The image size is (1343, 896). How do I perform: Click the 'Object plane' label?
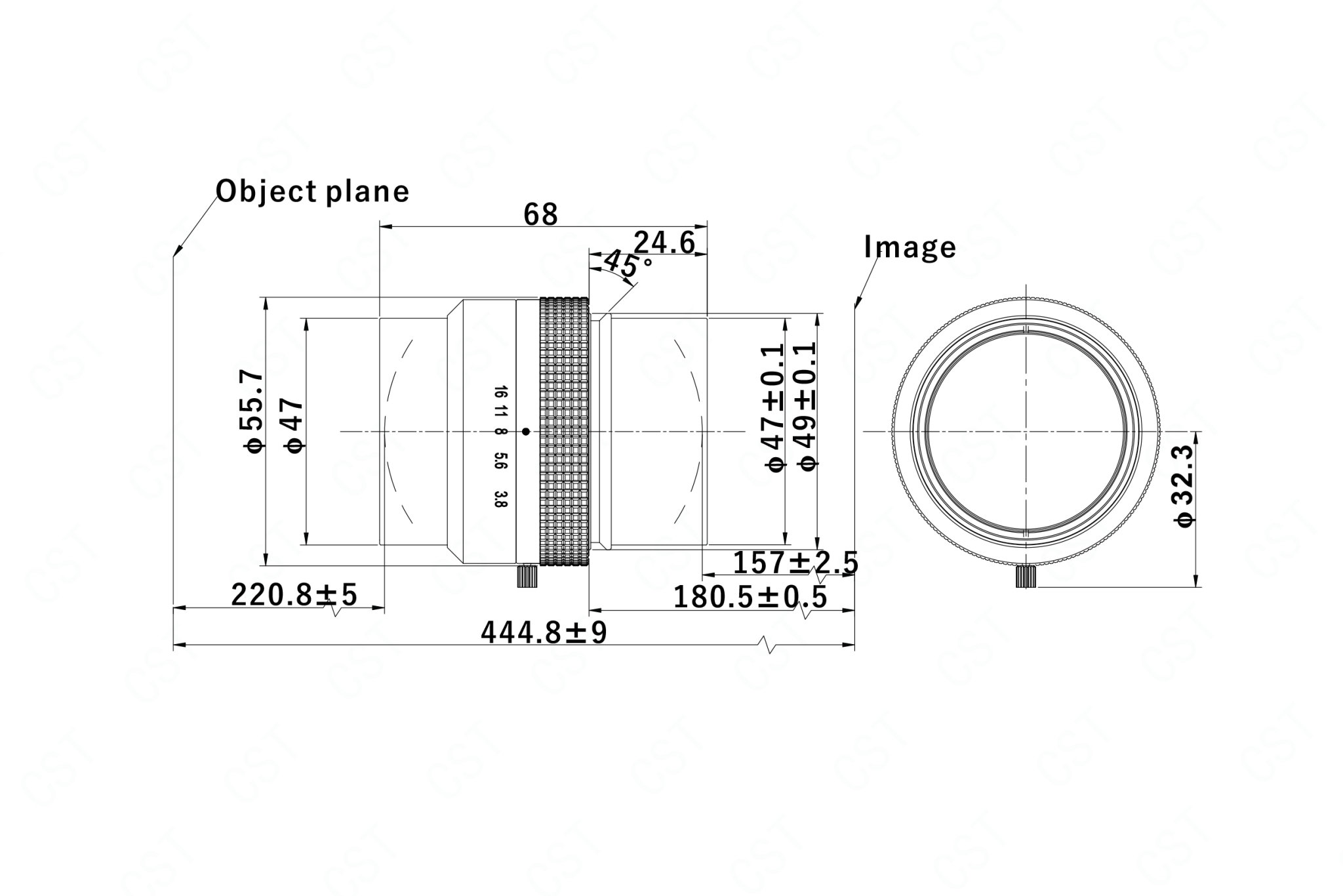(313, 192)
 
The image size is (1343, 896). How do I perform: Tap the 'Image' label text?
(910, 247)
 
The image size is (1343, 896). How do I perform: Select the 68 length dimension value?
(541, 214)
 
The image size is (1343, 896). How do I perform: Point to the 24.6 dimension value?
(664, 243)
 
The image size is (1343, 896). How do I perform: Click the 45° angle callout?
(628, 264)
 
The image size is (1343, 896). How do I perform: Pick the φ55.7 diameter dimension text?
(252, 411)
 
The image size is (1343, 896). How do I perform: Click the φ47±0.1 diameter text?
(774, 407)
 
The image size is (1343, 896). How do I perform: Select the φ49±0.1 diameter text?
(806, 407)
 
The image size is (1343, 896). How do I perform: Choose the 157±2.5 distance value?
(795, 562)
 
